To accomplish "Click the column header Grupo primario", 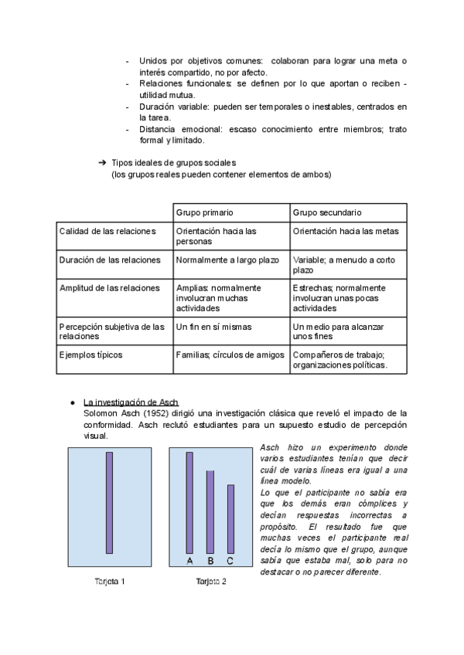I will pyautogui.click(x=205, y=212).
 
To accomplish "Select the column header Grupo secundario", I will pyautogui.click(x=327, y=212).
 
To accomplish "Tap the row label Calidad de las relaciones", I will pyautogui.click(x=107, y=231).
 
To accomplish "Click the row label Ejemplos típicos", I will pyautogui.click(x=90, y=355).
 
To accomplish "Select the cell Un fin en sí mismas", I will pyautogui.click(x=213, y=327).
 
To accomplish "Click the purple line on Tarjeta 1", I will pyautogui.click(x=110, y=503).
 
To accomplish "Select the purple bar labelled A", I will pyautogui.click(x=189, y=503).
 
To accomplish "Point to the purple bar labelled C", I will pyautogui.click(x=230, y=519).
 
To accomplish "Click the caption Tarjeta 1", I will pyautogui.click(x=109, y=581).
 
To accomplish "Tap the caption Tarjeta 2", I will pyautogui.click(x=210, y=581).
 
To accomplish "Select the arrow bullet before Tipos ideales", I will pyautogui.click(x=101, y=163).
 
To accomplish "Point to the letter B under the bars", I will pyautogui.click(x=210, y=561).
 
